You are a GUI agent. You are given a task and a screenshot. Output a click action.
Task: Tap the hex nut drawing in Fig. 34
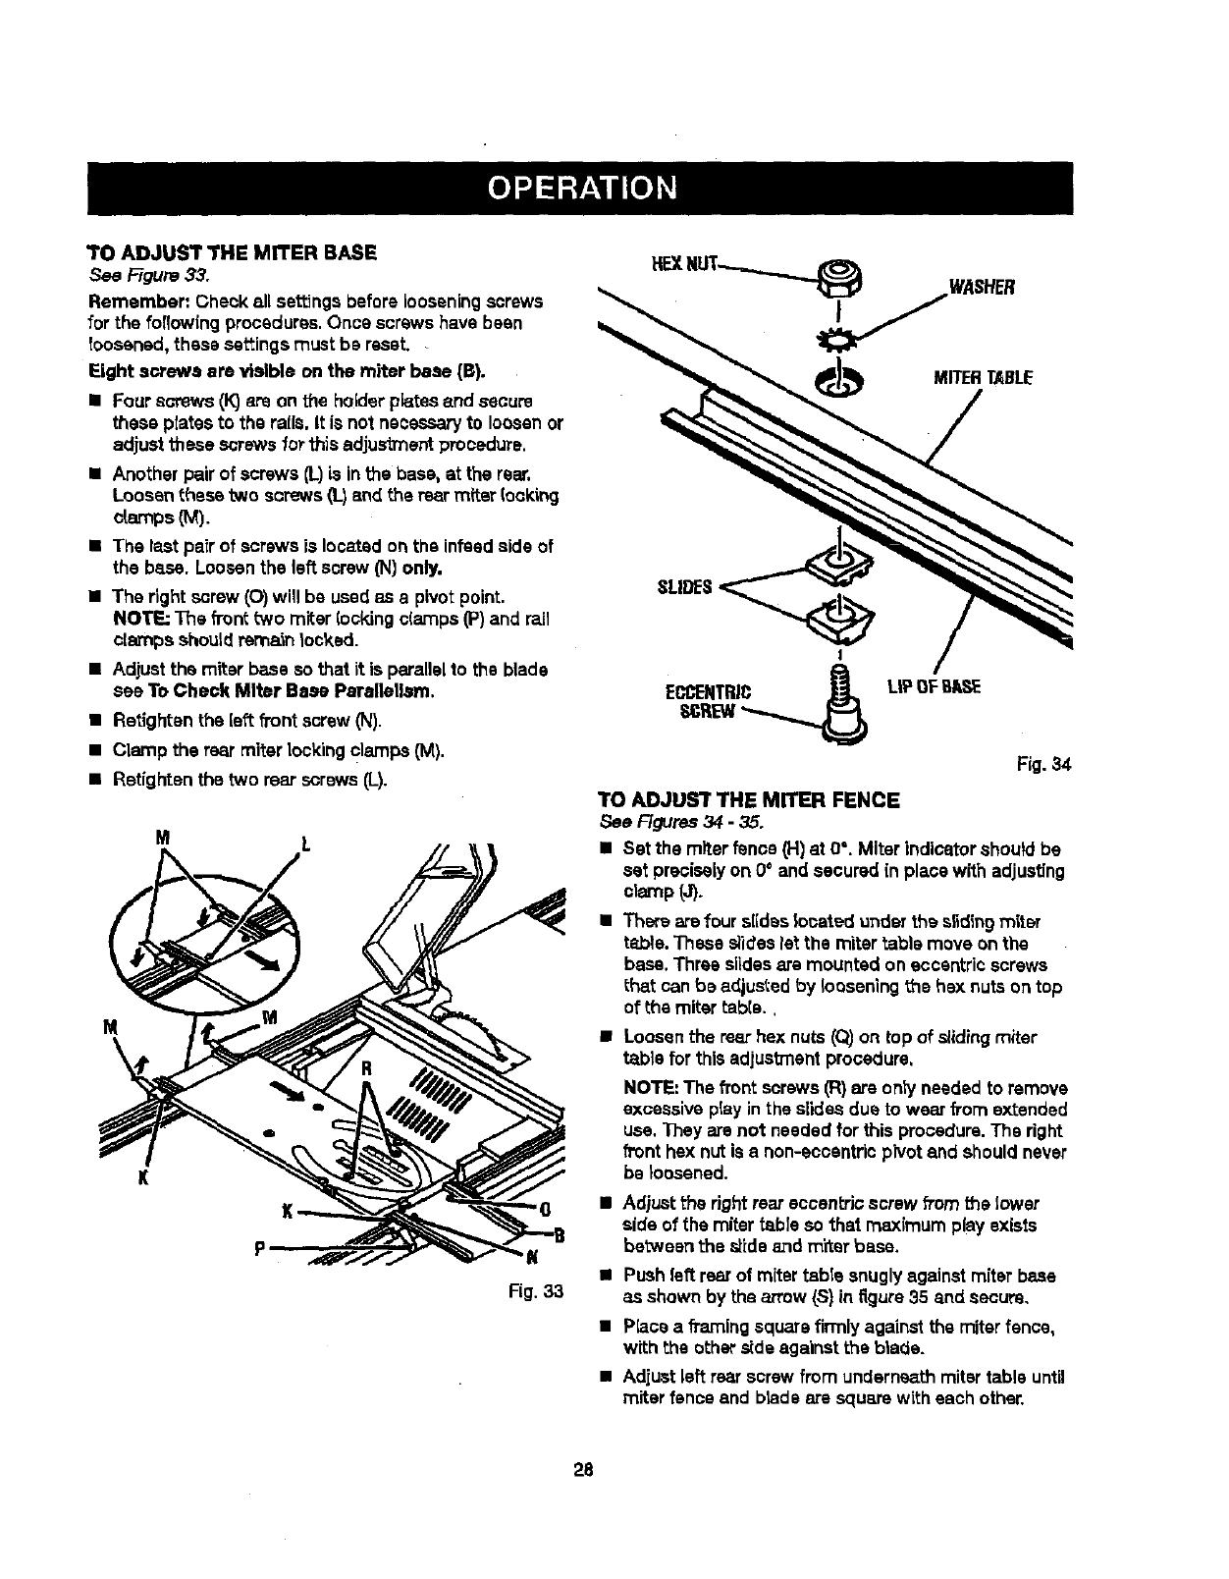tap(842, 275)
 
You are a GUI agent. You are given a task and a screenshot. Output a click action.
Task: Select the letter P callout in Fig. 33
tap(258, 1247)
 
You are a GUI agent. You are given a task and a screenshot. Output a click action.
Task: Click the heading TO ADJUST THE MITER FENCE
tap(749, 799)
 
